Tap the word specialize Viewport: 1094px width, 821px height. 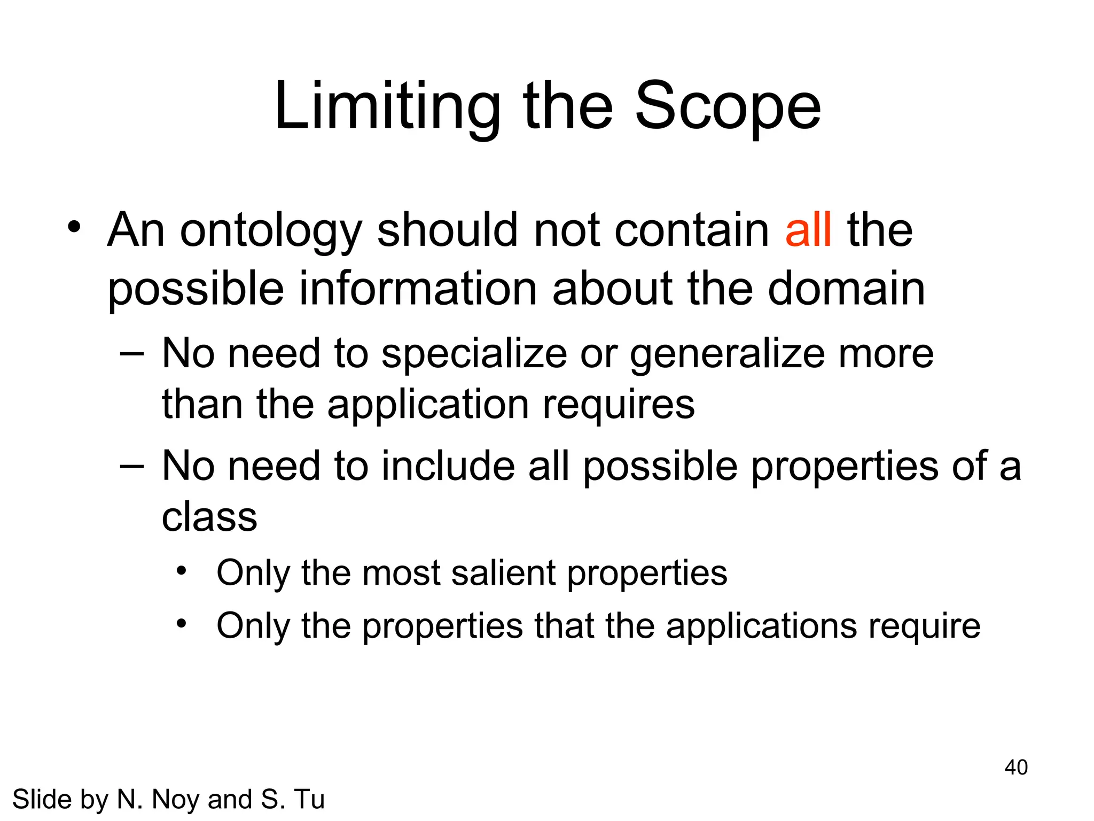(474, 354)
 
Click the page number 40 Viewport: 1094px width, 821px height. (1015, 767)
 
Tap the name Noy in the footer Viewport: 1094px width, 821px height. (176, 800)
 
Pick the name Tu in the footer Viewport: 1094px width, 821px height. (309, 800)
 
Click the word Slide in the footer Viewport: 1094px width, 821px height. (42, 800)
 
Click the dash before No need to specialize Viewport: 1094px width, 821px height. (132, 354)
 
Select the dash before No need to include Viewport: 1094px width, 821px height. (132, 466)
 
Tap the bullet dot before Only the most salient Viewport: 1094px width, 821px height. (182, 571)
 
